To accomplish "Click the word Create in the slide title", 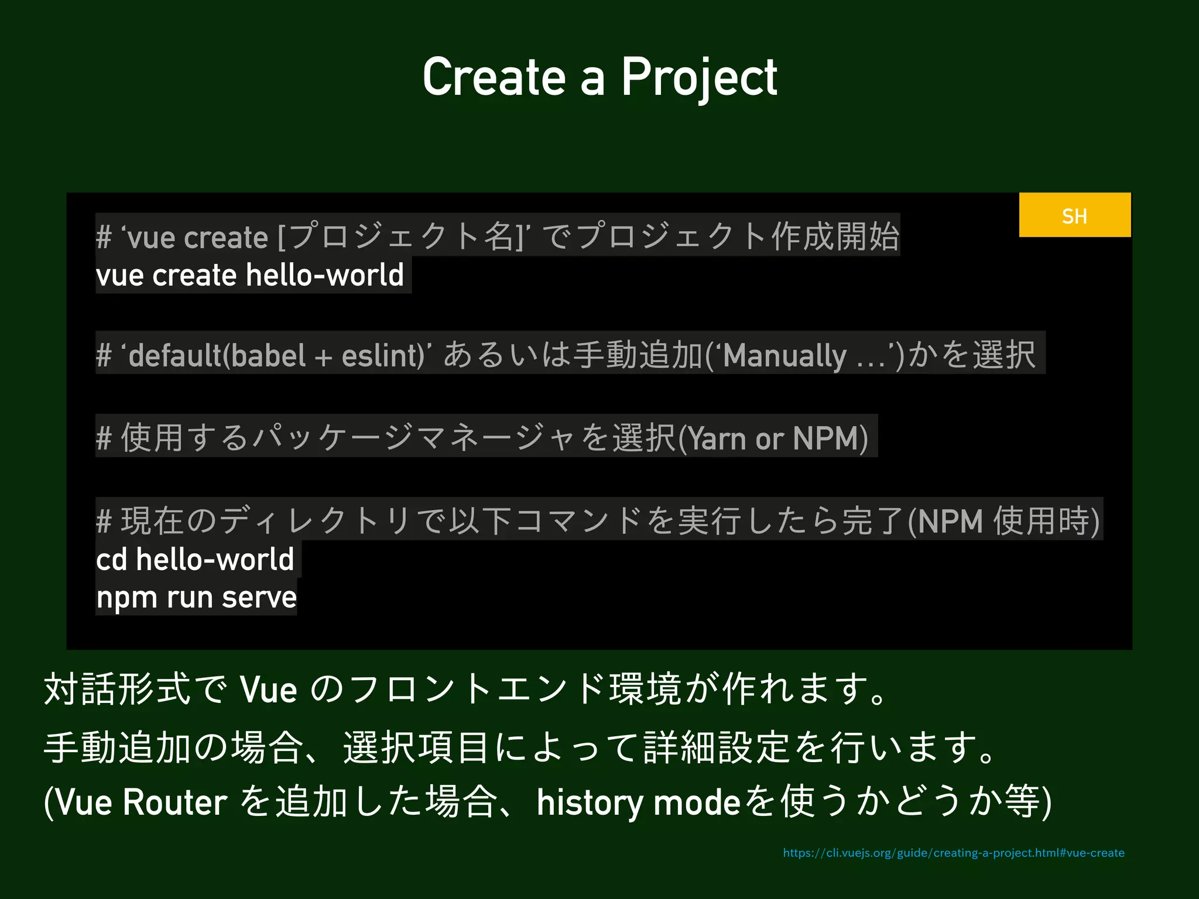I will [494, 78].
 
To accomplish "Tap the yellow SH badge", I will [1074, 215].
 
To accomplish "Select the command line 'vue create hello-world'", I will [250, 275].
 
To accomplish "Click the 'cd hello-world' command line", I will [195, 560].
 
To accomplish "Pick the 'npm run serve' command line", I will [196, 598].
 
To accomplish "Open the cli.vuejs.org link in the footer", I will [953, 853].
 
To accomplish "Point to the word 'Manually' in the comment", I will [785, 355].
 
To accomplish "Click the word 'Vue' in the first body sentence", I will [268, 689].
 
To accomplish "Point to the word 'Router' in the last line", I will [174, 802].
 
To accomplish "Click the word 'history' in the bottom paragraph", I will [590, 802].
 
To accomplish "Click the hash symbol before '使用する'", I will [104, 438].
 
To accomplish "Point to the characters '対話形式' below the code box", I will [117, 689].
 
